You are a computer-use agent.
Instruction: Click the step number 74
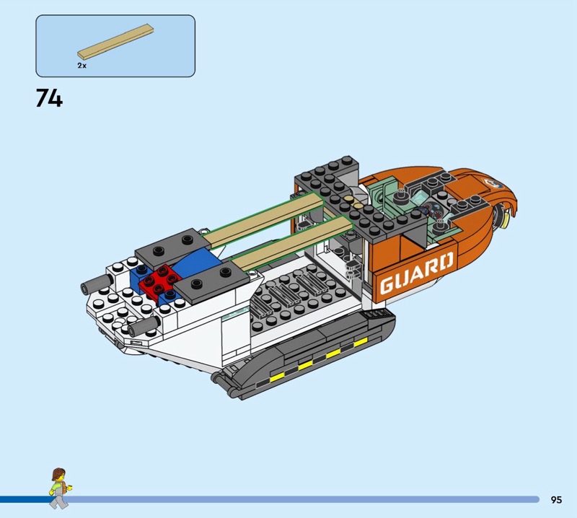pos(49,98)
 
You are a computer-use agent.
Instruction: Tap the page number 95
pos(556,499)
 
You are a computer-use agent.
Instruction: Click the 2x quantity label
pos(82,66)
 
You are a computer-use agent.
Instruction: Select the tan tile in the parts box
pos(115,42)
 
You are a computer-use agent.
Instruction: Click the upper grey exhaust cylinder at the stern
pos(97,284)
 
